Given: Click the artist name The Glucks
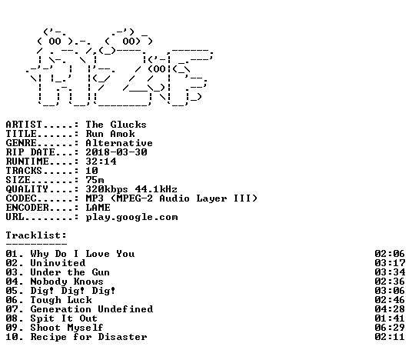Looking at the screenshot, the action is (x=116, y=125).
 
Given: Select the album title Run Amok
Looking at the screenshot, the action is (x=111, y=134).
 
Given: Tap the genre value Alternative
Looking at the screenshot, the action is (x=119, y=143).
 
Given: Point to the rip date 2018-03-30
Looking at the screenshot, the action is (x=116, y=152).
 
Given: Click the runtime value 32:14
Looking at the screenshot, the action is (x=101, y=162).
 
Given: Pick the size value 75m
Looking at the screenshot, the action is (x=95, y=180).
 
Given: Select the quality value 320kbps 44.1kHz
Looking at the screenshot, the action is (x=131, y=189).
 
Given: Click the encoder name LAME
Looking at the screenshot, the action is (x=98, y=208).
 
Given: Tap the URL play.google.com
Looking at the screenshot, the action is (x=131, y=217).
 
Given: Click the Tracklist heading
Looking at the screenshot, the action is (x=36, y=235).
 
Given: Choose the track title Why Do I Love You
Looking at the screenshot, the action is (x=82, y=254).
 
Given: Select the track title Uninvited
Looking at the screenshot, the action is (x=58, y=263).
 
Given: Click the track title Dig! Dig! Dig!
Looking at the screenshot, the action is (x=73, y=291).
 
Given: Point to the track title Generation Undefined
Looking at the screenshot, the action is (x=91, y=309).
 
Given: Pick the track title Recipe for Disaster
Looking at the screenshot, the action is (x=88, y=337).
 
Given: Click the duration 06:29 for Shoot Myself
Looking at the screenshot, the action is (x=390, y=328).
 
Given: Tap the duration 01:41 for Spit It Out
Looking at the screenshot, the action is (x=390, y=318).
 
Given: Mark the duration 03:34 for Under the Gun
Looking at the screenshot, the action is (x=390, y=272).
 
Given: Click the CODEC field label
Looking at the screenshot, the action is (x=21, y=198).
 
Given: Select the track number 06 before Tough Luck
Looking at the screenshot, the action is (x=12, y=300).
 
